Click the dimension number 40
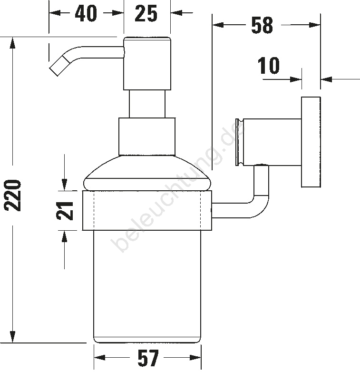[x=86, y=13]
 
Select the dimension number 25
[x=146, y=13]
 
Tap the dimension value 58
[x=262, y=25]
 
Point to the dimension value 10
[x=268, y=65]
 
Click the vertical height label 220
[x=12, y=196]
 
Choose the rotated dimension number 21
[x=65, y=211]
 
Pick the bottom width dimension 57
[x=148, y=358]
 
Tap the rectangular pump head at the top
[x=147, y=63]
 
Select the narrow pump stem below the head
[x=147, y=104]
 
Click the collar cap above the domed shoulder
[x=147, y=137]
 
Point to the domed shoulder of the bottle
[x=147, y=173]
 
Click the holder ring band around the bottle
[x=147, y=210]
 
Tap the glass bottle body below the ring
[x=147, y=286]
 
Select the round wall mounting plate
[x=311, y=142]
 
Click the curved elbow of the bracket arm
[x=259, y=204]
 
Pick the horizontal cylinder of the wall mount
[x=272, y=142]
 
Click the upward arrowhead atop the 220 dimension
[x=12, y=44]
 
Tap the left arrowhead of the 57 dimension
[x=99, y=357]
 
